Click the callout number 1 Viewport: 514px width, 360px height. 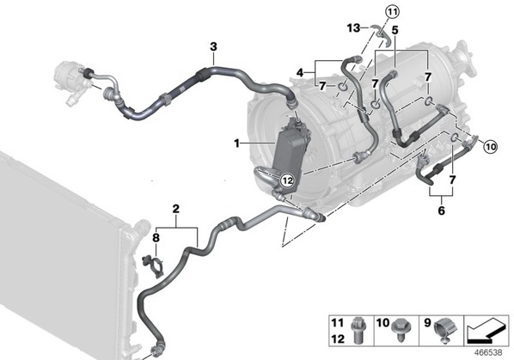[x=236, y=143]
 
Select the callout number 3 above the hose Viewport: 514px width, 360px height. [x=213, y=46]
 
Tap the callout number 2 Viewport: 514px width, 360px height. [x=176, y=209]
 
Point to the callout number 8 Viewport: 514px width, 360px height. [x=156, y=238]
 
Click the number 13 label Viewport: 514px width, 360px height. [x=354, y=28]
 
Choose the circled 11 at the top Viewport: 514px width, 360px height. [x=393, y=12]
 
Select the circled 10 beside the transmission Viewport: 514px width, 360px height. [x=491, y=147]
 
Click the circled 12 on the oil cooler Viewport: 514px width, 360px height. [x=287, y=180]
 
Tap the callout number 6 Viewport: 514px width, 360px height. [x=442, y=211]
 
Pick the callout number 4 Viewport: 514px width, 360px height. [x=300, y=73]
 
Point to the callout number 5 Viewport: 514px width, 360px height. [x=395, y=30]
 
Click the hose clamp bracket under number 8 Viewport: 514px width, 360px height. [x=153, y=266]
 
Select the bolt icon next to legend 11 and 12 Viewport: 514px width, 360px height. [x=357, y=330]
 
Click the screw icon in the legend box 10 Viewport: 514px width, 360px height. [x=401, y=328]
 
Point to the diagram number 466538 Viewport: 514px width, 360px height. [x=488, y=352]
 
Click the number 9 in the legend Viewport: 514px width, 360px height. [x=427, y=323]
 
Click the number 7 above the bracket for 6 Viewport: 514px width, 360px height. [x=452, y=180]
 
